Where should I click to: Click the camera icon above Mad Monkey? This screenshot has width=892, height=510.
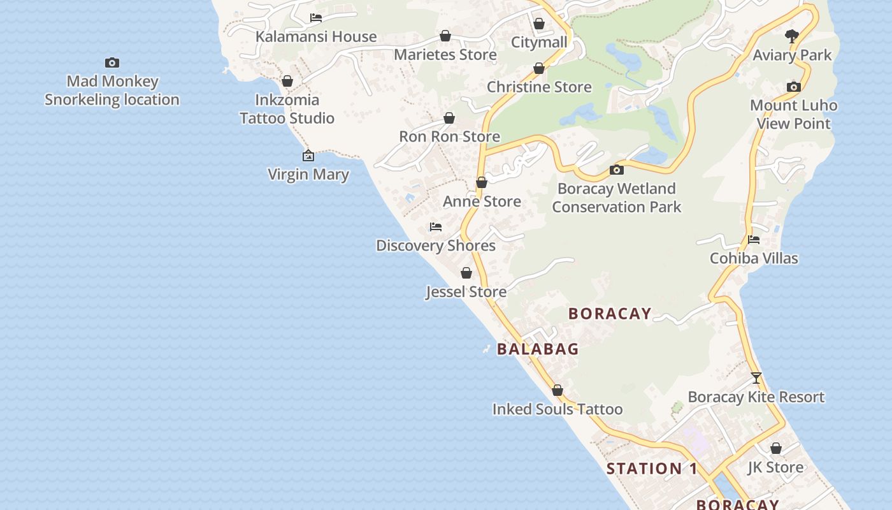(x=112, y=62)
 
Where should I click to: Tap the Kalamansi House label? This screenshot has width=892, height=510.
(x=316, y=36)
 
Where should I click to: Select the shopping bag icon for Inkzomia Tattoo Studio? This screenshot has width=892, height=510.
(x=287, y=82)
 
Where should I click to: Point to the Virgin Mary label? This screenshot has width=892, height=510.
(x=308, y=174)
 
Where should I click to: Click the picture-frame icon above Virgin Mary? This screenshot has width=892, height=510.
(x=308, y=156)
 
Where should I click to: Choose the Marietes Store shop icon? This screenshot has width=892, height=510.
(x=445, y=36)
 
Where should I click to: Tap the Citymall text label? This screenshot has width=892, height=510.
(x=539, y=42)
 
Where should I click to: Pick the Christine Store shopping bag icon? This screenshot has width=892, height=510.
(x=539, y=68)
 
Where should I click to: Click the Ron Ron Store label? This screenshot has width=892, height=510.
(x=449, y=136)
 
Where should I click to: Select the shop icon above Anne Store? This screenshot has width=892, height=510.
(x=482, y=183)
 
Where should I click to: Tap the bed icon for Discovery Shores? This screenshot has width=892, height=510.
(x=436, y=227)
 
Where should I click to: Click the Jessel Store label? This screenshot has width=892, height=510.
(x=466, y=291)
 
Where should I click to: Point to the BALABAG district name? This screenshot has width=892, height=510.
(x=538, y=349)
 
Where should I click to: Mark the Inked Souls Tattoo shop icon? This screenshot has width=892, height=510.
(x=557, y=390)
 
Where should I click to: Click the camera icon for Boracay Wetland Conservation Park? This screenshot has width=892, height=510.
(x=616, y=170)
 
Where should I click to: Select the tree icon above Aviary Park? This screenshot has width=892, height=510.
(x=792, y=36)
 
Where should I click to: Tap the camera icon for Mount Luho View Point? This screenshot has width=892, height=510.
(x=793, y=87)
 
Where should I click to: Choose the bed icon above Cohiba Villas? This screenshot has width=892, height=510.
(x=754, y=240)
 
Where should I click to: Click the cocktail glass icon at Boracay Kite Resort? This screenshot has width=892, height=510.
(x=756, y=378)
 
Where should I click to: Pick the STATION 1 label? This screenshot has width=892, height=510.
(x=652, y=469)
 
